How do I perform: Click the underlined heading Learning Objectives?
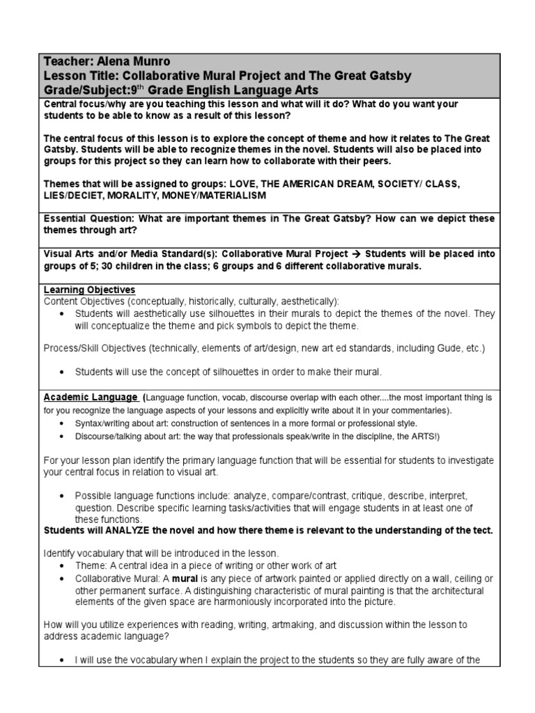89,290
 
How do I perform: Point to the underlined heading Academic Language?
91,397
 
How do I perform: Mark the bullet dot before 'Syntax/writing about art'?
63,423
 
